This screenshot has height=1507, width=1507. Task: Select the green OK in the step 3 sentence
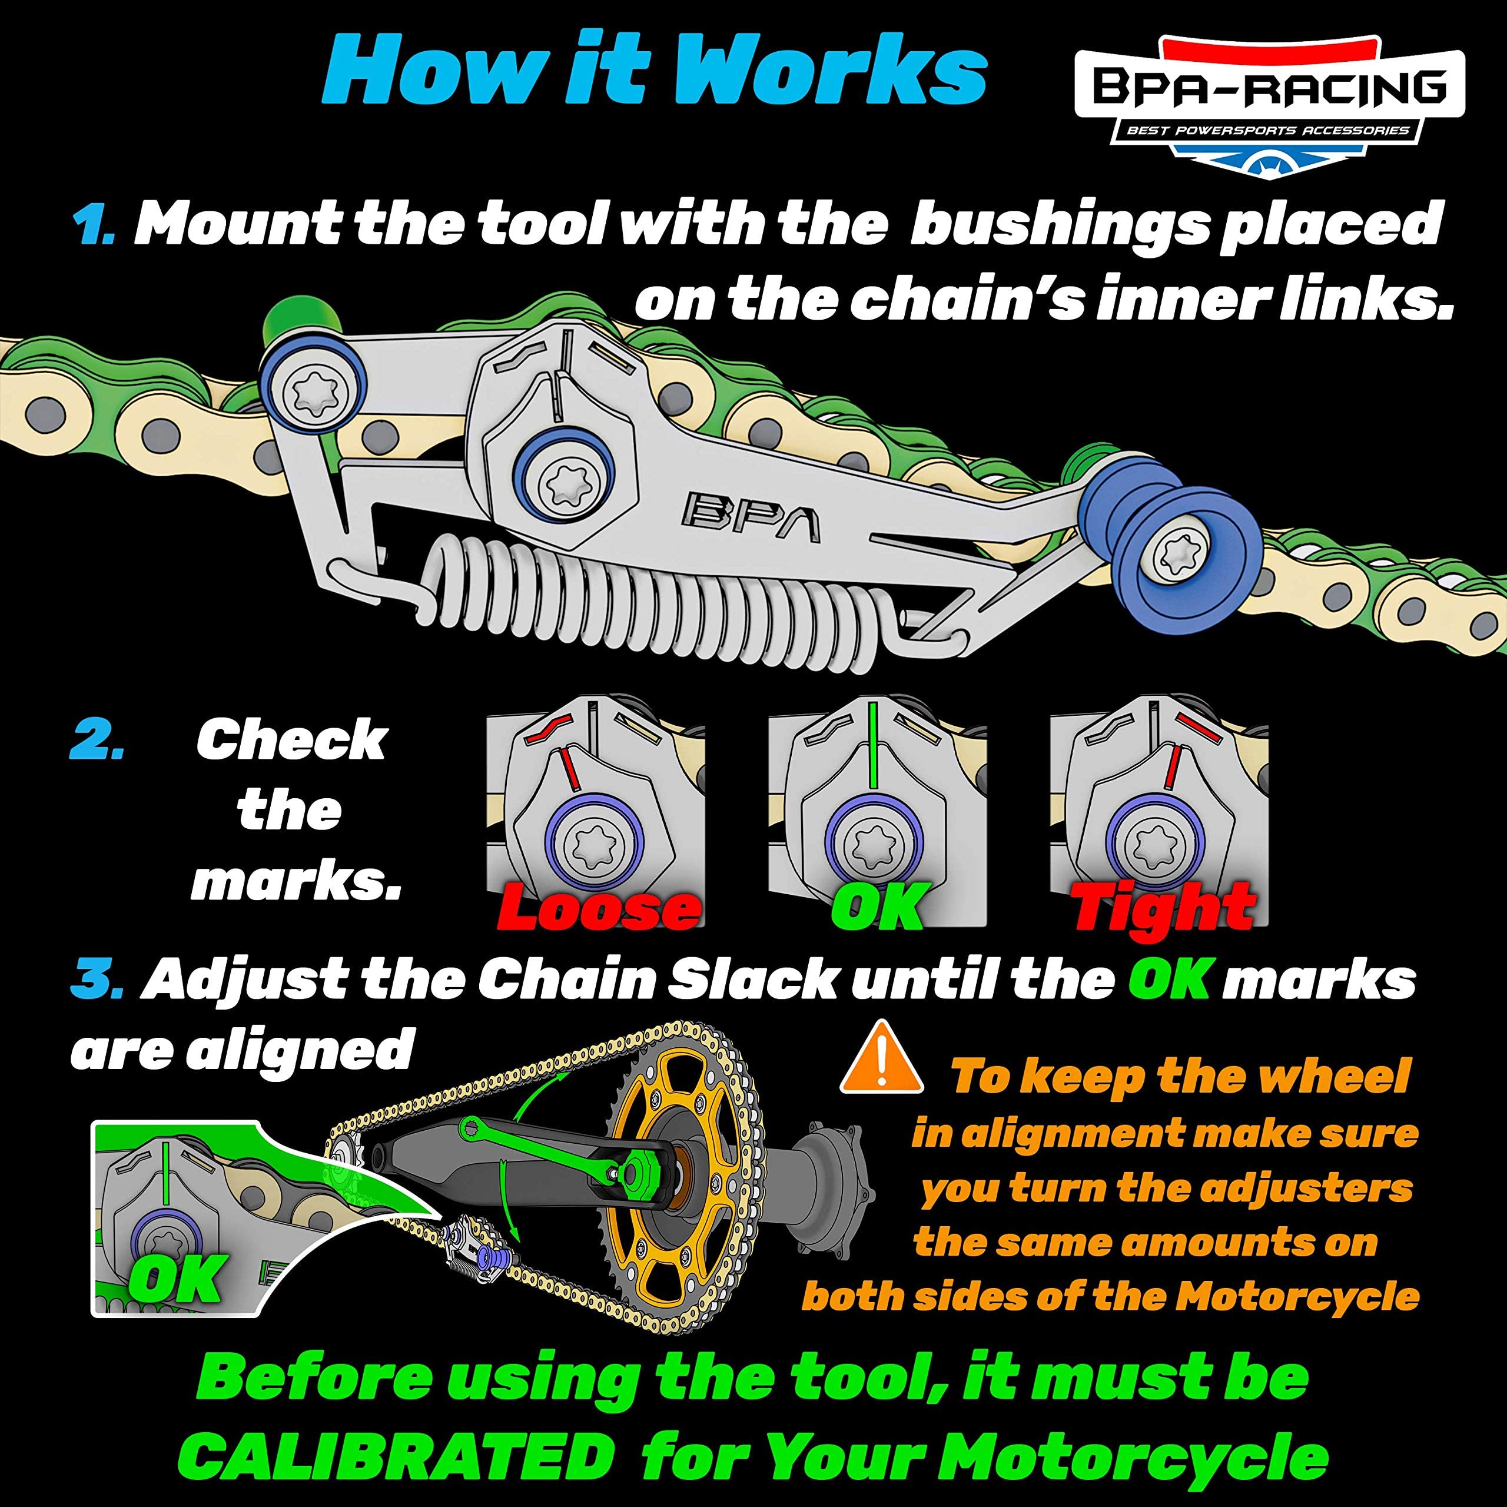tap(1169, 979)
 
